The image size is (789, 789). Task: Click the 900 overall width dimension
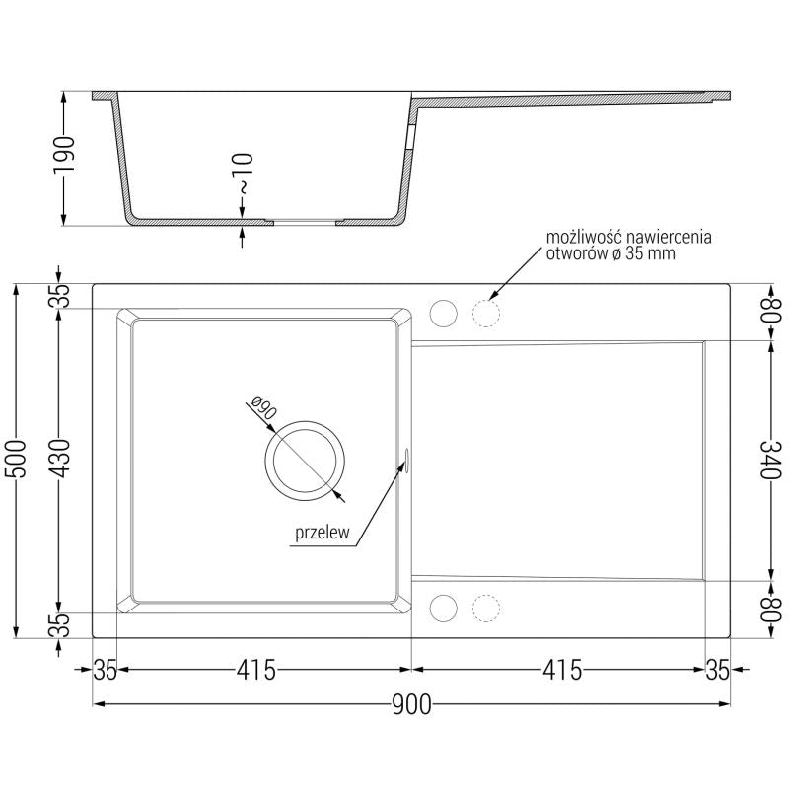(x=411, y=704)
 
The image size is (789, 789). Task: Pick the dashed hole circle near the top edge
(x=485, y=313)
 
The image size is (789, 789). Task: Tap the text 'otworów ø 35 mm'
(x=611, y=253)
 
